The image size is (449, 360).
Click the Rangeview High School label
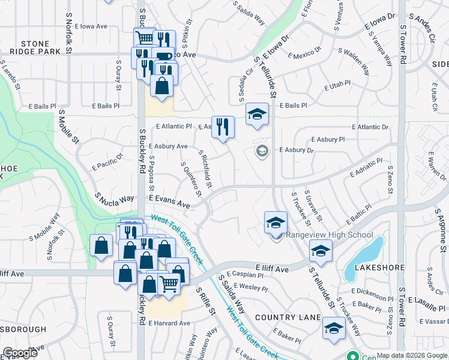[x=330, y=235]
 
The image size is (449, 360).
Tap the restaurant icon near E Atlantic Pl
[x=223, y=127]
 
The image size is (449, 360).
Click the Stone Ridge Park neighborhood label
[x=41, y=47]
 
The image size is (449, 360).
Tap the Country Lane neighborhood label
[x=285, y=317]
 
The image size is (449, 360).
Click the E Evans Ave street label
[x=169, y=202]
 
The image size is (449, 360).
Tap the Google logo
[x=20, y=352]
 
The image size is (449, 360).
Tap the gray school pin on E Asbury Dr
[x=261, y=151]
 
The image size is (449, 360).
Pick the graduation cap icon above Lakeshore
[x=321, y=250]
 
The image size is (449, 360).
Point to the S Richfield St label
[x=205, y=169]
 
